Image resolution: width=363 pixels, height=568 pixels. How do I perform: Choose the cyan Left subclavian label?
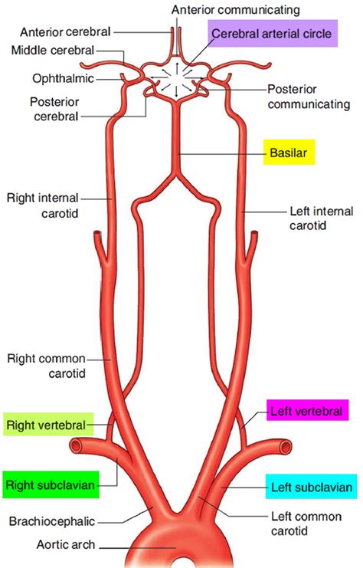(x=311, y=487)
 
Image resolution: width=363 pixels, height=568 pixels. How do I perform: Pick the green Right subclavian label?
(x=47, y=484)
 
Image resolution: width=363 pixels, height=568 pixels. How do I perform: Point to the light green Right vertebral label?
(x=48, y=424)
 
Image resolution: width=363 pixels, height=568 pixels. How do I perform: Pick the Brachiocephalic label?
(x=52, y=522)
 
